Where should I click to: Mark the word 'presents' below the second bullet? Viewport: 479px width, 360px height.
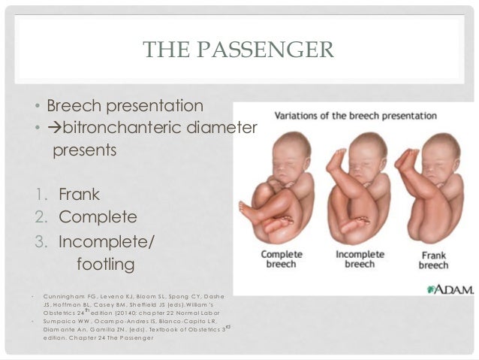click(x=84, y=150)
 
